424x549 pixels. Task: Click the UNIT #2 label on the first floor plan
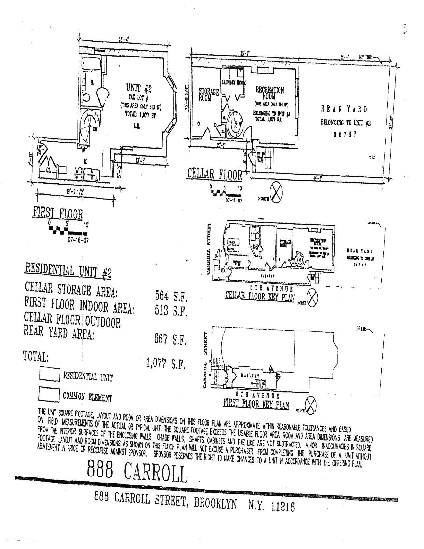[x=139, y=88]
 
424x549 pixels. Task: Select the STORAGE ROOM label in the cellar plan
[x=209, y=94]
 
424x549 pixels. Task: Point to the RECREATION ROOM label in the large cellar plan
[x=269, y=92]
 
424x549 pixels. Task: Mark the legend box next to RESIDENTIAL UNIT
[x=50, y=374]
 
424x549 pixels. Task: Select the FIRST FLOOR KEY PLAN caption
[x=256, y=404]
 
